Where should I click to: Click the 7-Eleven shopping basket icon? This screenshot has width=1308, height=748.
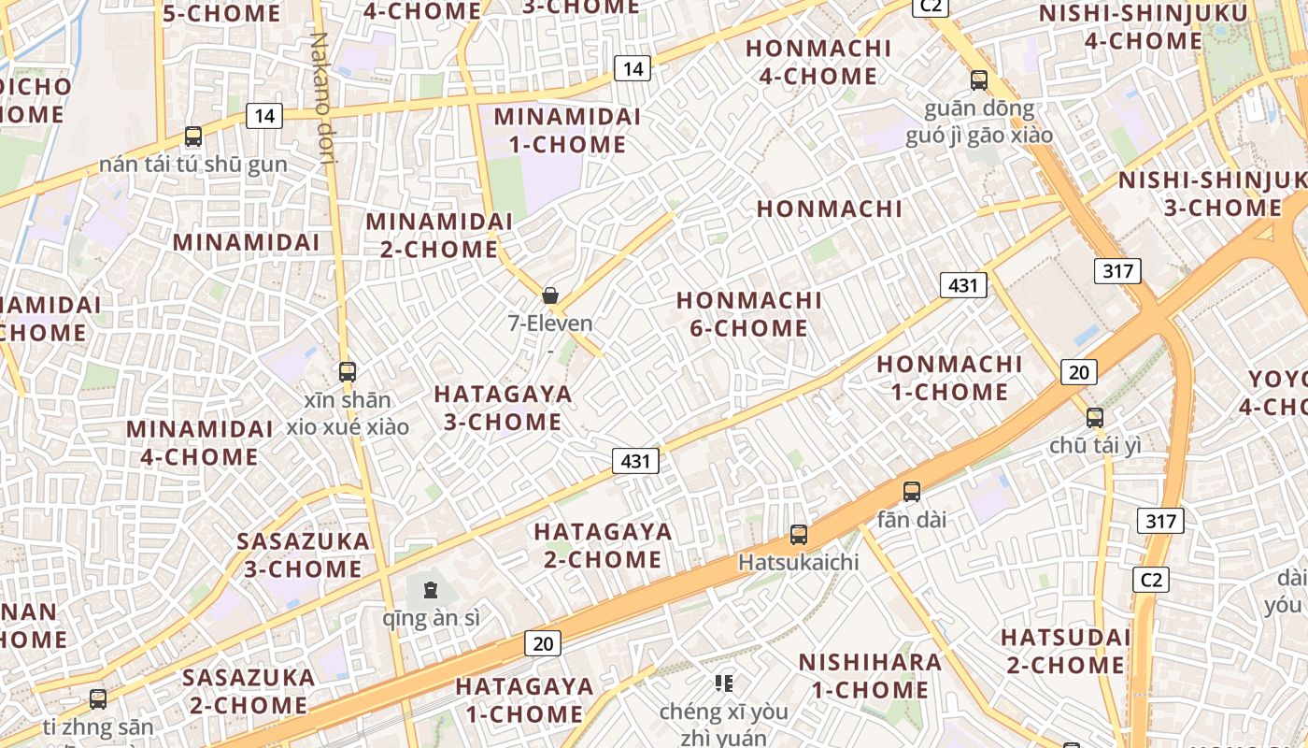[550, 295]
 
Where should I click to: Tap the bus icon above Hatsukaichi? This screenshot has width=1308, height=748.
[799, 535]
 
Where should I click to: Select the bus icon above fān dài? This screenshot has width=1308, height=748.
[912, 492]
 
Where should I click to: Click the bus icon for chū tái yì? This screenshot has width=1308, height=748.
[1095, 418]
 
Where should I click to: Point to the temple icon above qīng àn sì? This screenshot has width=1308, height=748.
[431, 590]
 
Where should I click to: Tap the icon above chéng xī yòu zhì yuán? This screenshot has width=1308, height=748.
[724, 683]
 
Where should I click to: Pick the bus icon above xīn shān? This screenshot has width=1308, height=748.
[348, 371]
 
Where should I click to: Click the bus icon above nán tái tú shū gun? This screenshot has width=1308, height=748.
[193, 137]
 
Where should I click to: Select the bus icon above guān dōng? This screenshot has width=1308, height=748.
[979, 80]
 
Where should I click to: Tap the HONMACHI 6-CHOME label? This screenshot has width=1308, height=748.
[749, 314]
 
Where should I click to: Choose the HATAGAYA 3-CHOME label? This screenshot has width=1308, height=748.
[504, 408]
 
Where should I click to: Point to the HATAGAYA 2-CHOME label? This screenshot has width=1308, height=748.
[603, 546]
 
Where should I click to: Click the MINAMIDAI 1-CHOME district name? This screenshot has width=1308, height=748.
[568, 131]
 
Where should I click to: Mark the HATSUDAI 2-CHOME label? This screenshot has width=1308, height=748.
[1065, 652]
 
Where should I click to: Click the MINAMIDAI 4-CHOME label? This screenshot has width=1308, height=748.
[200, 443]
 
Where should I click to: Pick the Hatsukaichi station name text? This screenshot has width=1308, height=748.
[798, 562]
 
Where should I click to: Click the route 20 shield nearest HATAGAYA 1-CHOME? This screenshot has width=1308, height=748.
[543, 643]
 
